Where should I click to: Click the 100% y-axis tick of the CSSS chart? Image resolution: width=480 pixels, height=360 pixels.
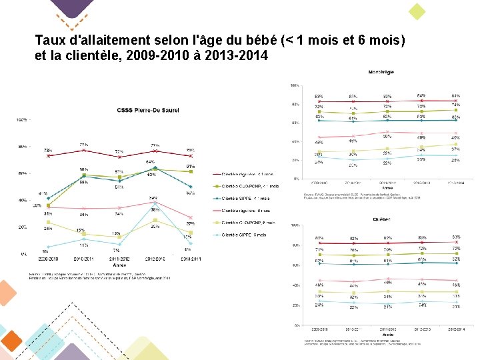pos(21,120)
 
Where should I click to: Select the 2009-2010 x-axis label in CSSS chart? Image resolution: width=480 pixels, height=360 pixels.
pos(47,257)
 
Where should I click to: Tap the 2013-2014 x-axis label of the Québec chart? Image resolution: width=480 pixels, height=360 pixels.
pos(455,329)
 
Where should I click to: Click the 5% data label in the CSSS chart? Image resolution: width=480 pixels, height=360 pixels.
pos(45,251)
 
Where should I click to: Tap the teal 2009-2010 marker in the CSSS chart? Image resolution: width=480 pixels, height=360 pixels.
pos(48,198)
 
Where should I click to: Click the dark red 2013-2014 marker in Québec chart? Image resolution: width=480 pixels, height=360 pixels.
pos(456,243)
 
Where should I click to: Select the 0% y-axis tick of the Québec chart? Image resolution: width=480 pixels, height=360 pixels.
pos(295,325)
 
